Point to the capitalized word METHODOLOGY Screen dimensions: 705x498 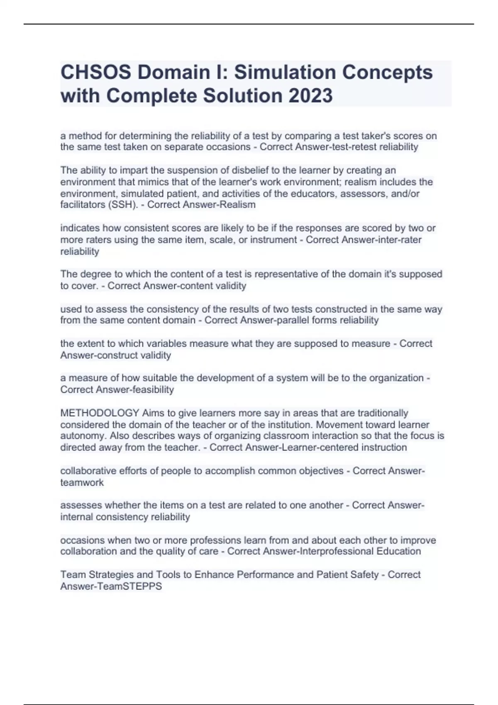[x=100, y=413]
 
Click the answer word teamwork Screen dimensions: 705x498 [x=82, y=483]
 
